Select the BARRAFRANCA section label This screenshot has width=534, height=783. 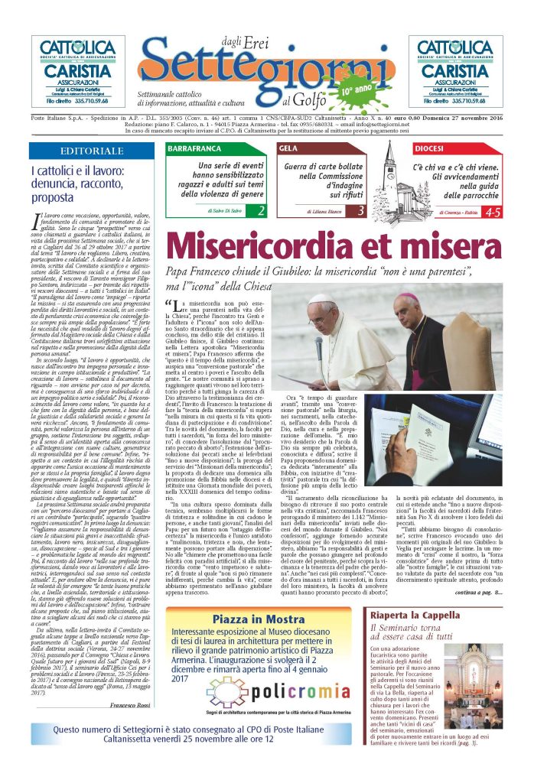(194, 148)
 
